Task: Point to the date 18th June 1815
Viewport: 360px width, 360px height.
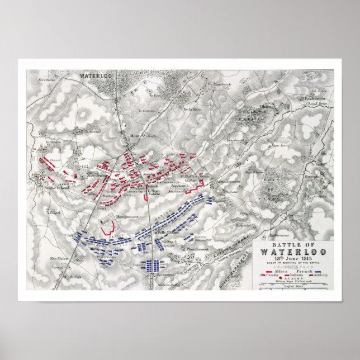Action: point(290,258)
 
